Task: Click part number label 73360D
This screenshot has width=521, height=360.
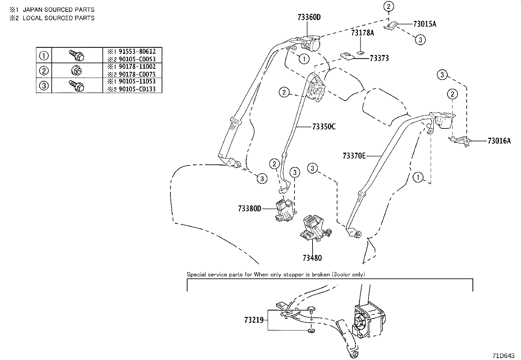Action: (x=309, y=17)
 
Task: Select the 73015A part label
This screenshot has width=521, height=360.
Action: (x=424, y=24)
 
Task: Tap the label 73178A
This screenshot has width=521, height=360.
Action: (x=362, y=33)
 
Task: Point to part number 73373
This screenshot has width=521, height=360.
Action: (x=379, y=58)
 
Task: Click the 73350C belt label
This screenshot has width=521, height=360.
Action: (x=324, y=126)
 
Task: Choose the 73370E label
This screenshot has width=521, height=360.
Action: (x=354, y=156)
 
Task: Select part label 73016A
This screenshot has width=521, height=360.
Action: (x=499, y=141)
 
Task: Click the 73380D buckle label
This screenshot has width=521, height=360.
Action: (x=249, y=208)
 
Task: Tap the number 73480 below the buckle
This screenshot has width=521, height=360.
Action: (x=312, y=258)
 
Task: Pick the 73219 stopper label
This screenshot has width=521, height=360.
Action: (x=254, y=320)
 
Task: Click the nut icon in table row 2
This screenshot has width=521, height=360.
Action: (x=77, y=70)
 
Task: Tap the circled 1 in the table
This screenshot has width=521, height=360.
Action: (x=44, y=55)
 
